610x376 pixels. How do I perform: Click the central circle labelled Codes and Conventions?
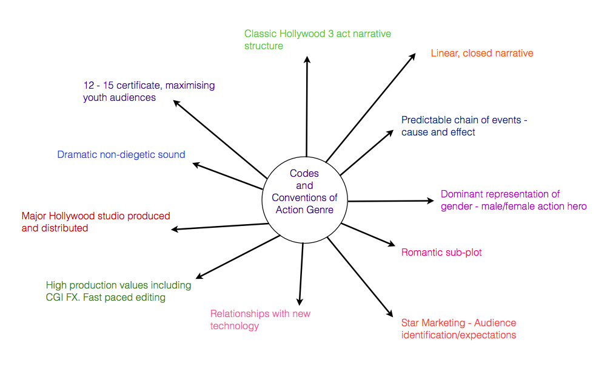[x=304, y=197]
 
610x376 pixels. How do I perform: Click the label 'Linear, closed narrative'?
[x=482, y=53]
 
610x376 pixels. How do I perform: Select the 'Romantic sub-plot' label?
[x=441, y=252]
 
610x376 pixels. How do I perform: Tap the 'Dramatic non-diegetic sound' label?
[x=121, y=155]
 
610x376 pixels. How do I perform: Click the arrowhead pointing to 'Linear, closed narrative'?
[x=412, y=56]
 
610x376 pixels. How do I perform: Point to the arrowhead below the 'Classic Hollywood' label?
[x=307, y=59]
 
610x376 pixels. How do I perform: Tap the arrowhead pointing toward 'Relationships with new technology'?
[x=299, y=301]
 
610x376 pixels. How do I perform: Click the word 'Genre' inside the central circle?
[x=319, y=210]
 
